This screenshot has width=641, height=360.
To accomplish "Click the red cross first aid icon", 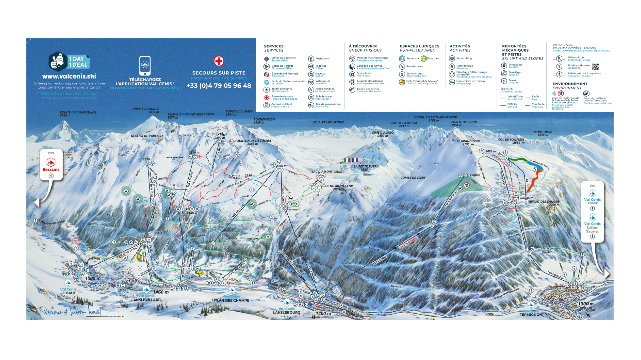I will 219,61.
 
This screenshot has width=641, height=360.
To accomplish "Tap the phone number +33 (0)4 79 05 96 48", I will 219,86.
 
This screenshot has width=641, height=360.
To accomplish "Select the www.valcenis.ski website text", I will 69,76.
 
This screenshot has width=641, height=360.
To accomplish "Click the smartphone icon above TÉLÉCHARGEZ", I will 145,66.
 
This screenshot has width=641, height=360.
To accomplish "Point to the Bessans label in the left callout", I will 51,169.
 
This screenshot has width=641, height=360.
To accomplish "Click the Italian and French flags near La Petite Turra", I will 351,160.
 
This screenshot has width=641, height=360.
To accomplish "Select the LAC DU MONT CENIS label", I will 327,172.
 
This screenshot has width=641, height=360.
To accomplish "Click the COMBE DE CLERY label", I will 413,178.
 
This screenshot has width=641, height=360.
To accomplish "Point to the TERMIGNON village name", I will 531,314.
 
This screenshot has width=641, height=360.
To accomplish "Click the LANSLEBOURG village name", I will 286,312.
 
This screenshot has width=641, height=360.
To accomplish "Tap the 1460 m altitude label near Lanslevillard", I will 161,292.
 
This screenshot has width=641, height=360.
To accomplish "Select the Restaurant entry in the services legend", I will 322,59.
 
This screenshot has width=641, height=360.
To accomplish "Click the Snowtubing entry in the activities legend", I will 464,58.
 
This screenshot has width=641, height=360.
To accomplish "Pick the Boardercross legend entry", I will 414,66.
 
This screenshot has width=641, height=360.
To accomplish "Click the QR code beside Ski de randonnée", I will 595,67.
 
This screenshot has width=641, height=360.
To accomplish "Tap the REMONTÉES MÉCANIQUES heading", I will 515,50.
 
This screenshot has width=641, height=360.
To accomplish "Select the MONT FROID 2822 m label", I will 543,134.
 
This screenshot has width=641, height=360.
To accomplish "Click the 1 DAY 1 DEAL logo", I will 69,62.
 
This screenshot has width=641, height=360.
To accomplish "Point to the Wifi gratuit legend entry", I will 322,82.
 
